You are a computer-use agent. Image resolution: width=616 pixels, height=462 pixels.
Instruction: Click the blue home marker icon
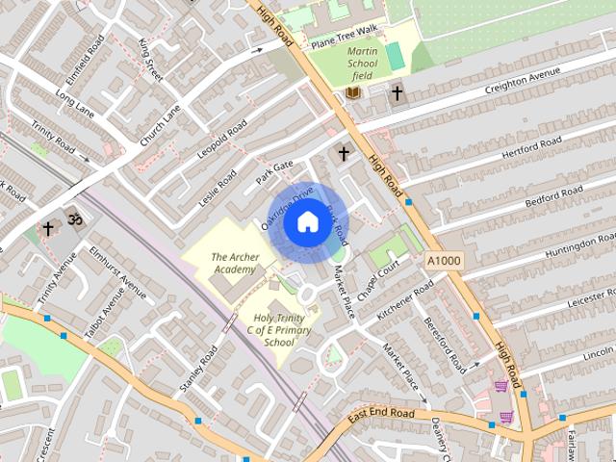(x=307, y=222)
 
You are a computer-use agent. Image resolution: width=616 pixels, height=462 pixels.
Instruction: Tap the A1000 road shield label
(x=444, y=260)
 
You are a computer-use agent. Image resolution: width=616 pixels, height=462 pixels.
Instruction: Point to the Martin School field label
(x=362, y=63)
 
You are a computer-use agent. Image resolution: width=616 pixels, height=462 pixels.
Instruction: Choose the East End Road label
(x=382, y=414)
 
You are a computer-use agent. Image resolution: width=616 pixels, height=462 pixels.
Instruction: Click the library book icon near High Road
(x=353, y=92)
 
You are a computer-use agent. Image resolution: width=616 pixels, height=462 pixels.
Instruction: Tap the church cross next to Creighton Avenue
(x=397, y=92)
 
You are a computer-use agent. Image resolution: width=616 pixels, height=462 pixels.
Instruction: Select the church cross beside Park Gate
(x=343, y=153)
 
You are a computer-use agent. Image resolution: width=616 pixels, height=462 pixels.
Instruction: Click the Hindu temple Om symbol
(x=76, y=220)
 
